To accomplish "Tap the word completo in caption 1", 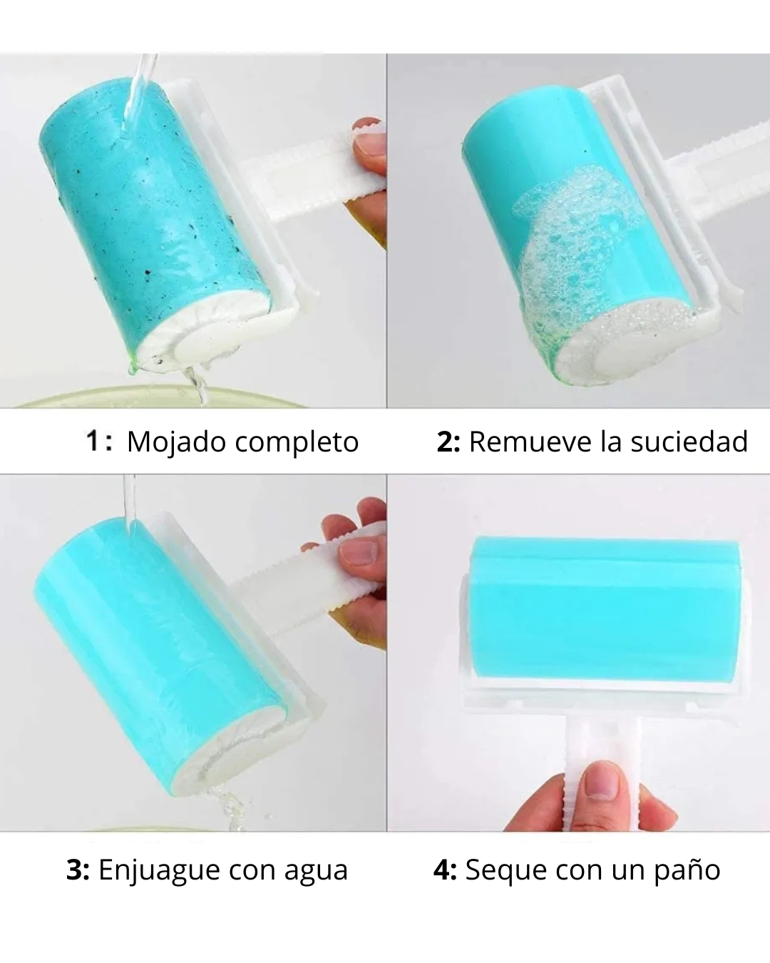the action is point(297,443).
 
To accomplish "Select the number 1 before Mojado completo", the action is point(93,441).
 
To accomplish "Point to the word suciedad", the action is point(689,442).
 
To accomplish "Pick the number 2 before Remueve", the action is point(445,442).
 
